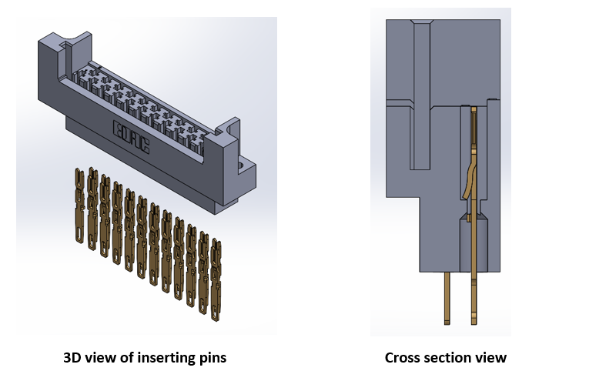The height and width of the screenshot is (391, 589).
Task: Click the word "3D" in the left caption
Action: coord(73,358)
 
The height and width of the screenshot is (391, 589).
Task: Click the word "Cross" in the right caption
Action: coord(403,358)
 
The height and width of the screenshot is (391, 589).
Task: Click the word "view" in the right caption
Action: coord(491,358)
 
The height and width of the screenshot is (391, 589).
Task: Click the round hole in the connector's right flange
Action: coord(246,163)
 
